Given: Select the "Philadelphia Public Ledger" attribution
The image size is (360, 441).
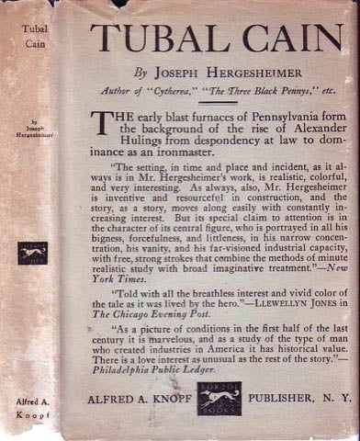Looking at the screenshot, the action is point(157,371).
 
